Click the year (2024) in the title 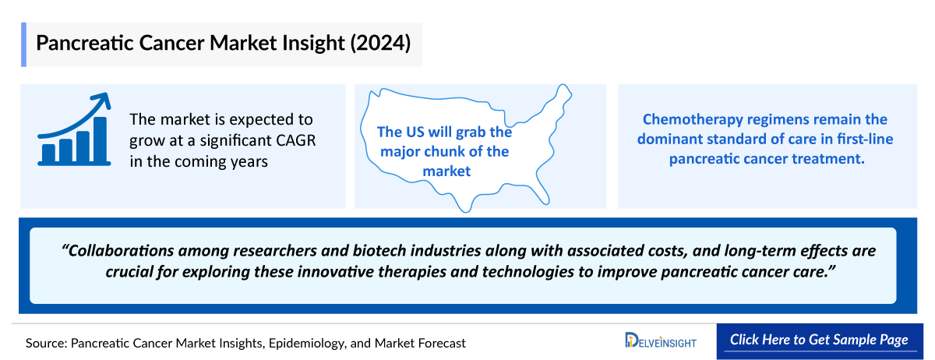(380, 43)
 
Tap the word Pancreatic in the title (85, 43)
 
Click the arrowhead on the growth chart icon (103, 101)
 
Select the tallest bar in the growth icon (100, 139)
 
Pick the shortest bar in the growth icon (48, 154)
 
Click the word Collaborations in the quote (120, 251)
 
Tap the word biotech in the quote (379, 251)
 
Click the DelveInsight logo (661, 340)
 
